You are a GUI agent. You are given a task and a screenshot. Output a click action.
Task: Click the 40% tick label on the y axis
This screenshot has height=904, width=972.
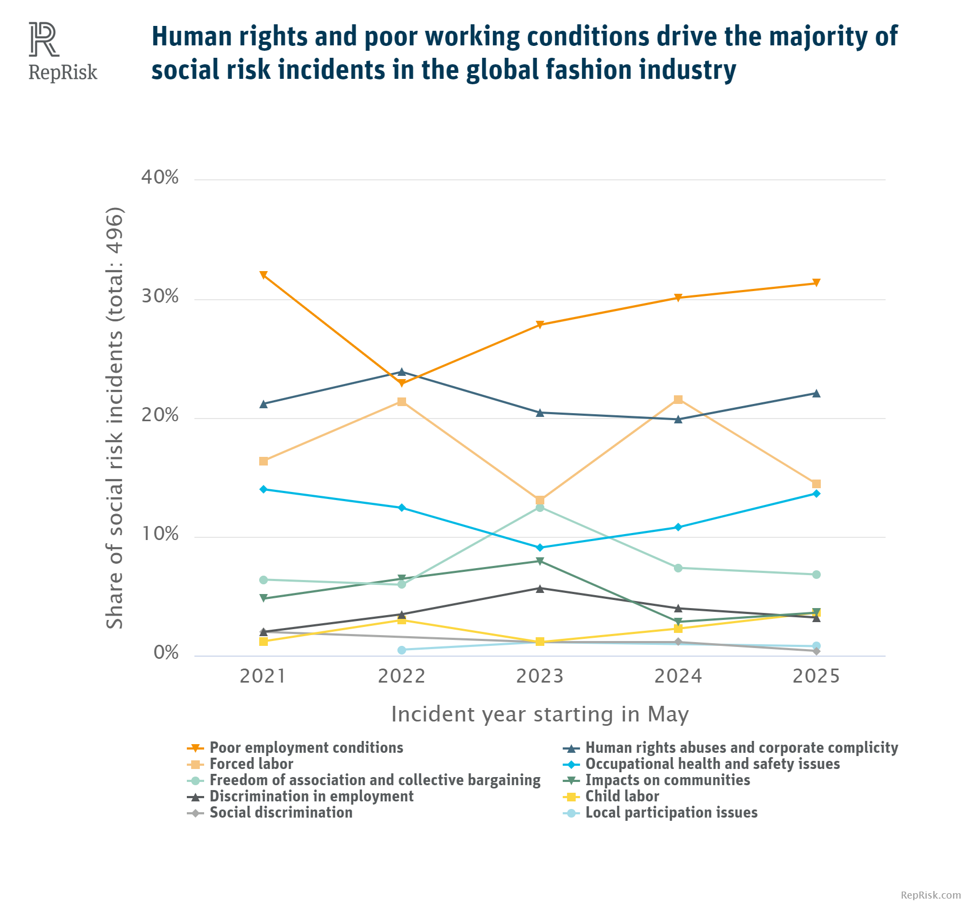click(x=160, y=177)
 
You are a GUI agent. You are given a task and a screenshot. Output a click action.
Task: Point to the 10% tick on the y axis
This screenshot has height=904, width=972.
click(x=160, y=534)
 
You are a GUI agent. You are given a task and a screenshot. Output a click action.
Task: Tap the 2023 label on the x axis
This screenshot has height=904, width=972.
click(x=539, y=676)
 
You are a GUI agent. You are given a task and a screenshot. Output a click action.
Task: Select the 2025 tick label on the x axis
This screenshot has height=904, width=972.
click(x=816, y=676)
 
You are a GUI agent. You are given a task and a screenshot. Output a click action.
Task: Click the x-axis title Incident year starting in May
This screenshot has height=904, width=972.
click(x=539, y=714)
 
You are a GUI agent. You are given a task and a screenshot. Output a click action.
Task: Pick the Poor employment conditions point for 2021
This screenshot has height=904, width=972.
click(x=264, y=275)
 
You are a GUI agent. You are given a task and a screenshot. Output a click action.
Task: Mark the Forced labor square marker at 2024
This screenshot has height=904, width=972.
click(x=678, y=400)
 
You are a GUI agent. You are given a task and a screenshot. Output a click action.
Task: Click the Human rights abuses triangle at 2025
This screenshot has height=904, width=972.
click(x=816, y=394)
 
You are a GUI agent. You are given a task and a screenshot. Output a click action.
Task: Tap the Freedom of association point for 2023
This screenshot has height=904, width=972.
click(x=540, y=508)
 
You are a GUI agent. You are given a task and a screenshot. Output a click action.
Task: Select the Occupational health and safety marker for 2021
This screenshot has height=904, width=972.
click(x=264, y=489)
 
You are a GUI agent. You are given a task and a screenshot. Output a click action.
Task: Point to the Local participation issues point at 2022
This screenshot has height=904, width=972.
click(x=402, y=650)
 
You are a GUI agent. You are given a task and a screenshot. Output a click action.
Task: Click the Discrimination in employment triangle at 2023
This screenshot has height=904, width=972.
click(x=540, y=589)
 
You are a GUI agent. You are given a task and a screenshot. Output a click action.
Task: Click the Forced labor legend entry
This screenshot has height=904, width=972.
click(x=251, y=764)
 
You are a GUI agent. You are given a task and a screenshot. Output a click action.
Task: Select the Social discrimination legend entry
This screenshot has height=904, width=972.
click(x=281, y=813)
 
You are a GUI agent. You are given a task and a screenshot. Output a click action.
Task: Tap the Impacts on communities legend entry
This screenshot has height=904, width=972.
click(x=667, y=780)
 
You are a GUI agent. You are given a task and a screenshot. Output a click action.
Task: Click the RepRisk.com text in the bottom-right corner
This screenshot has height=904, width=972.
click(x=931, y=895)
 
